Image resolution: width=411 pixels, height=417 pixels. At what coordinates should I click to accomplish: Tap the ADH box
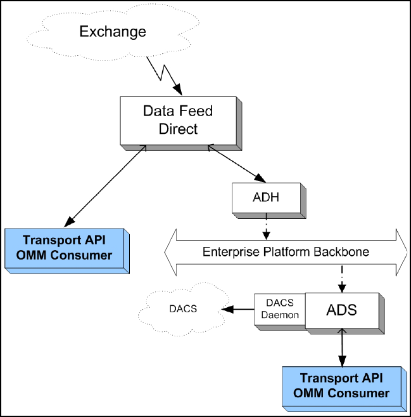[x=265, y=198]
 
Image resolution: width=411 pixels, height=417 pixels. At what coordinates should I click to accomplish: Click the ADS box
[x=341, y=311]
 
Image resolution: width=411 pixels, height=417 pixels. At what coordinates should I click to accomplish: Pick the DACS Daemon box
[x=279, y=310]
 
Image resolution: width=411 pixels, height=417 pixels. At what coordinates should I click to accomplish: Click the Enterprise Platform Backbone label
[x=286, y=251]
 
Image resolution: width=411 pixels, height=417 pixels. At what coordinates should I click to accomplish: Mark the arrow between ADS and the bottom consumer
[x=343, y=348]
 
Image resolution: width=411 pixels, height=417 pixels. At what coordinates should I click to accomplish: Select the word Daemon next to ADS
[x=279, y=315]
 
